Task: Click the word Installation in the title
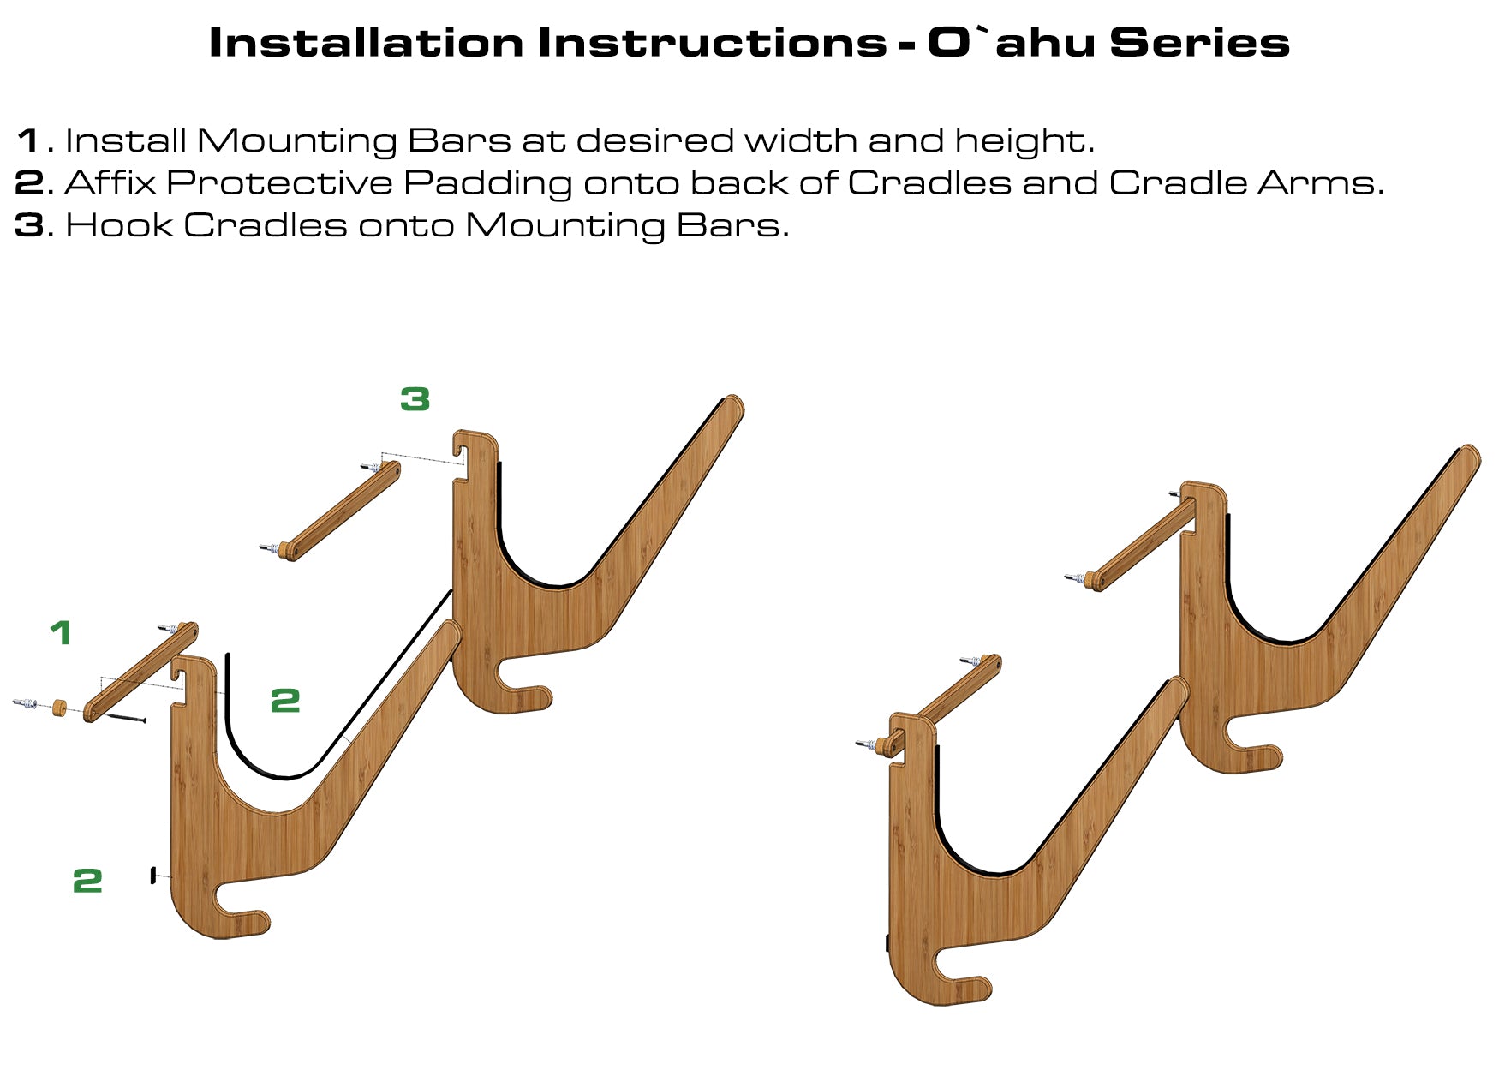click(x=366, y=42)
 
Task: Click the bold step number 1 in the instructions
click(x=28, y=140)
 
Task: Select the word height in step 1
click(x=1023, y=141)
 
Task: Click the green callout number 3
click(x=415, y=398)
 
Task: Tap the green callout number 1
click(x=60, y=633)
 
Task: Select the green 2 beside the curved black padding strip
click(x=285, y=701)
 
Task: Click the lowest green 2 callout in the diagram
click(x=87, y=881)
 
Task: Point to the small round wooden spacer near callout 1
click(x=59, y=708)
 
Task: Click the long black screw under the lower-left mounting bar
click(x=127, y=716)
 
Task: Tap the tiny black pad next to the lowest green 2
click(x=152, y=876)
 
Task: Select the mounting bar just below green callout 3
click(x=341, y=511)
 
